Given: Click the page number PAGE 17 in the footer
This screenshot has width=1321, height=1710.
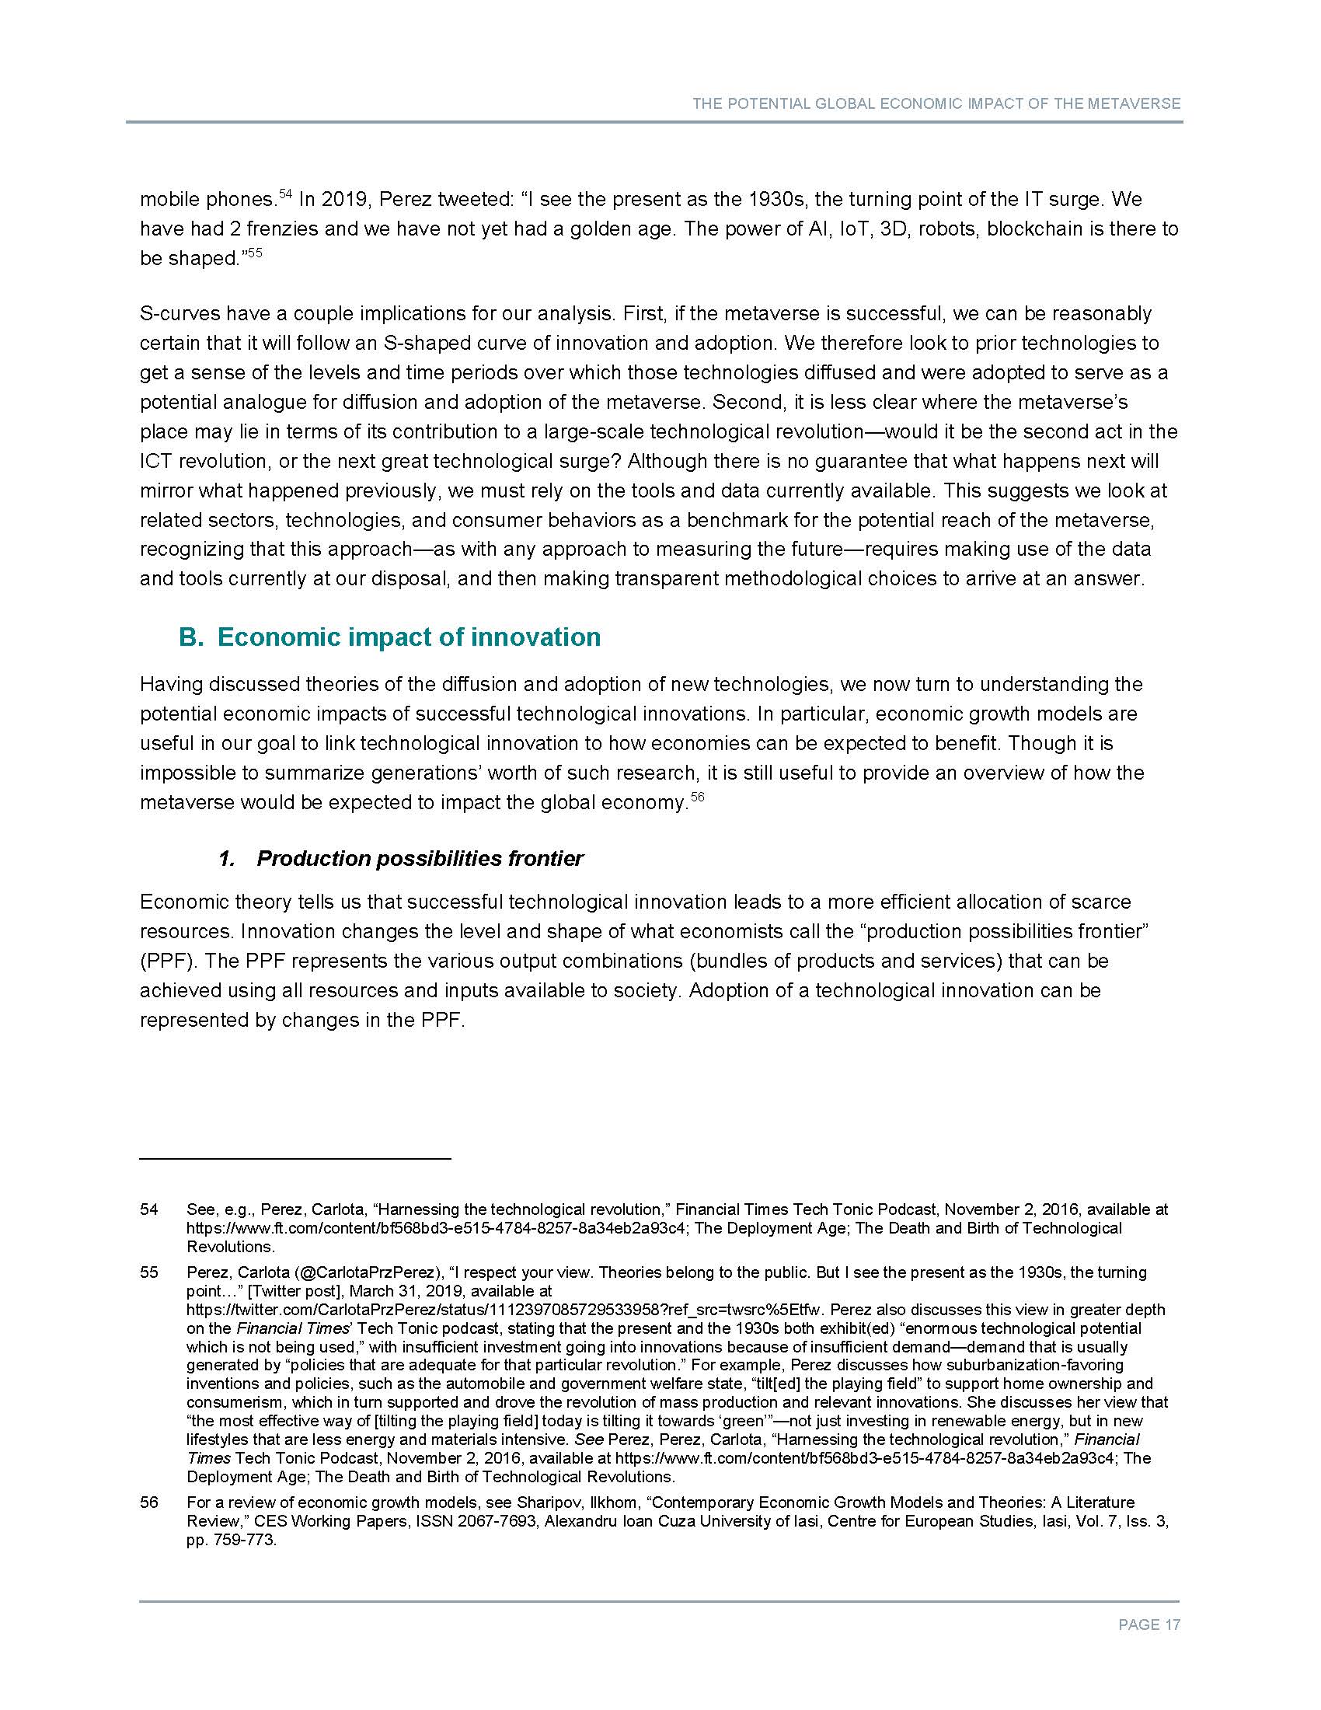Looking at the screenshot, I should [x=1148, y=1624].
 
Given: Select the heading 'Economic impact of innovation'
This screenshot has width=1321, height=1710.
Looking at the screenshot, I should [x=409, y=637].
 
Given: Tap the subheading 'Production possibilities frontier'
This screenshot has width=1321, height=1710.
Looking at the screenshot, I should [x=420, y=859].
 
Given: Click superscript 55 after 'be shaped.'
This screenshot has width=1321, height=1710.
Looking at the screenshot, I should [x=254, y=253].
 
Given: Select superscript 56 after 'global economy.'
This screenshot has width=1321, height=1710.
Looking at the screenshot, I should [x=698, y=797].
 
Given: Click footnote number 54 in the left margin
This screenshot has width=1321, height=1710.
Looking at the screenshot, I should [x=149, y=1209].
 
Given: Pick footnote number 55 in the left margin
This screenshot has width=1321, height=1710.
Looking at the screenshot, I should [x=149, y=1272].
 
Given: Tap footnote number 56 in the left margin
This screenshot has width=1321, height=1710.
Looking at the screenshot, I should [x=149, y=1502].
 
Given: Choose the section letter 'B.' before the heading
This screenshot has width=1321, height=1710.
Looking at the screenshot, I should [x=191, y=637].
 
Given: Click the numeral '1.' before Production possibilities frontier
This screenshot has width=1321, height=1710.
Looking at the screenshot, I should [x=227, y=859].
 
